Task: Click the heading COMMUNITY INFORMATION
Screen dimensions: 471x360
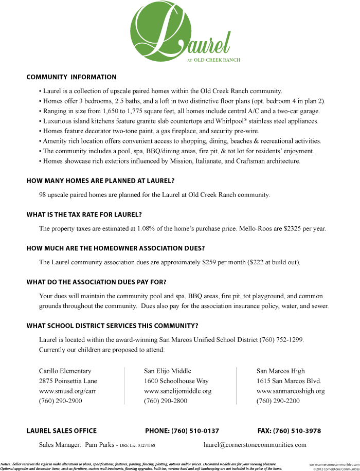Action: click(71, 77)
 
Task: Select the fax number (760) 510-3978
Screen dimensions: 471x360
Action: click(297, 431)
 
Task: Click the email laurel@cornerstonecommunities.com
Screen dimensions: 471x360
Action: click(255, 445)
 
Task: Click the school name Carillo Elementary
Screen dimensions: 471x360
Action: click(65, 371)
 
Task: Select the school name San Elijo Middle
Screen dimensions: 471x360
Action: click(168, 371)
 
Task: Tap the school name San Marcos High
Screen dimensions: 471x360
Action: click(281, 371)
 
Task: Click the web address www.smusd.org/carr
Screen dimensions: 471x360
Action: click(68, 391)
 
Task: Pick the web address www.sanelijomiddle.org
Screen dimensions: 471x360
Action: click(178, 391)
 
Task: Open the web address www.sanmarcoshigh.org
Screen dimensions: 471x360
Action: click(291, 391)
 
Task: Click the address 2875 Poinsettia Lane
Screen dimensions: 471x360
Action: click(68, 381)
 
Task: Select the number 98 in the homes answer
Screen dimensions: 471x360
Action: click(43, 195)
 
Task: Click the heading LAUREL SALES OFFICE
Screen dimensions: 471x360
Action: click(62, 431)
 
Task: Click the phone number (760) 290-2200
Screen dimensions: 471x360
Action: click(278, 401)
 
